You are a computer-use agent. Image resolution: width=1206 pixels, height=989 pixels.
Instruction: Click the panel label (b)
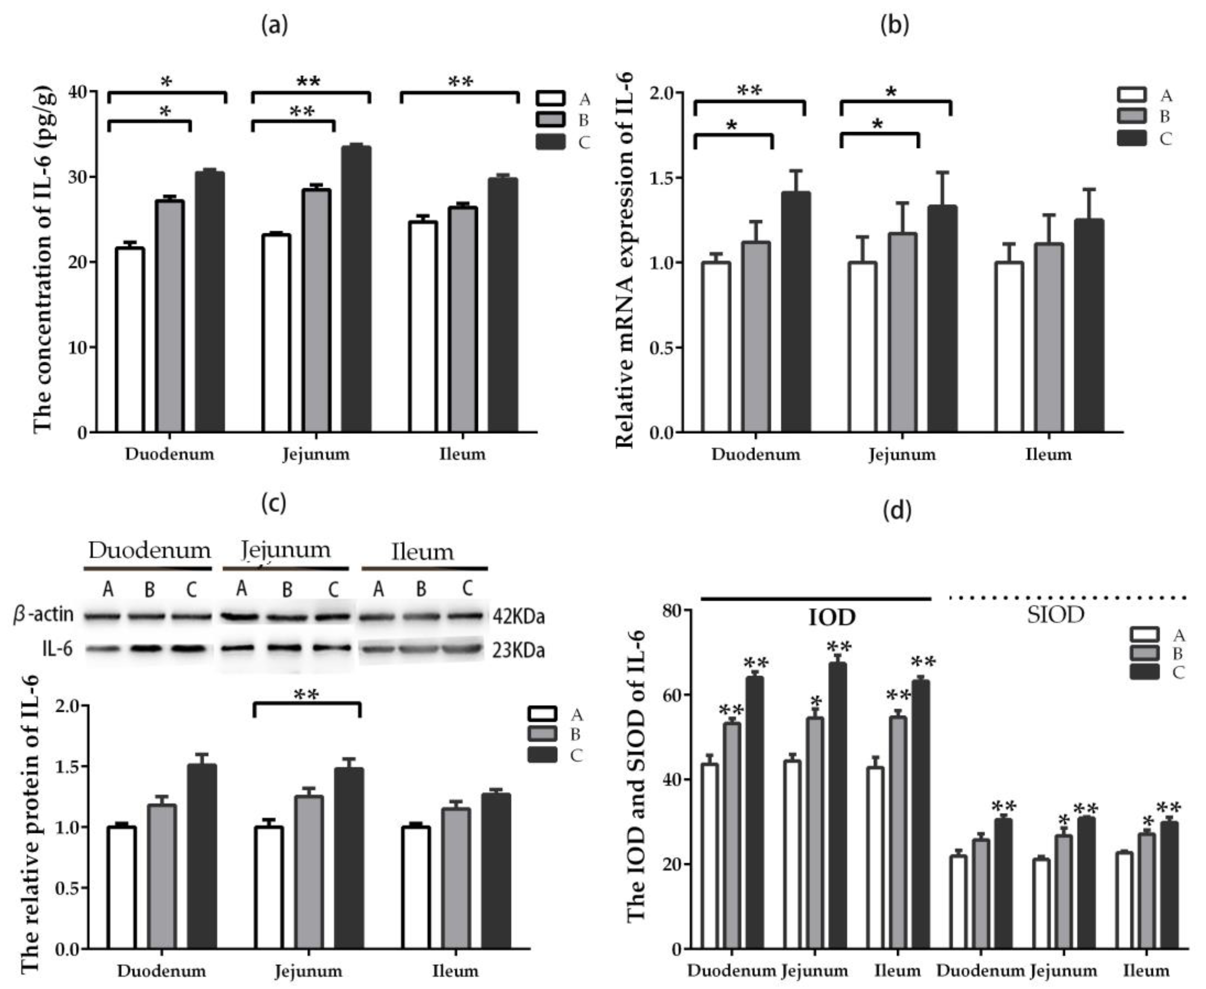click(x=895, y=26)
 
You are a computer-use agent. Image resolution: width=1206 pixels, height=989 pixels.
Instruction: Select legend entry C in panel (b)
click(x=1144, y=138)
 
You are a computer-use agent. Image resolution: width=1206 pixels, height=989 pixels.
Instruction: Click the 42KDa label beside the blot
click(x=519, y=617)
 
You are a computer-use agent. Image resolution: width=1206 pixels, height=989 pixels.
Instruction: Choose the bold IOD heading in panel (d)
click(x=832, y=618)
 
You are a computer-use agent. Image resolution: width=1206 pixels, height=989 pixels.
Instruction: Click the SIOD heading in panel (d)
click(x=1055, y=616)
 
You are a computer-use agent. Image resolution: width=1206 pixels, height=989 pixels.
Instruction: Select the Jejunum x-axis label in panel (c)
click(x=308, y=971)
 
